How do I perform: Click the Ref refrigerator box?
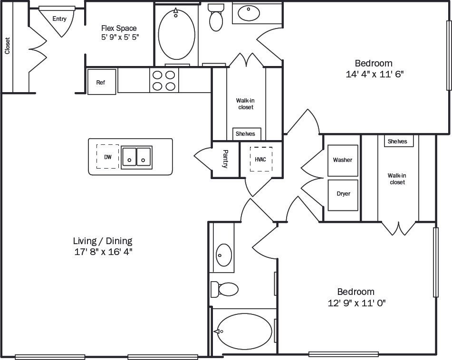pyautogui.click(x=101, y=82)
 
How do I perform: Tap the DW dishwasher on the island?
pyautogui.click(x=108, y=156)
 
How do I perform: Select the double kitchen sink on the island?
pyautogui.click(x=137, y=157)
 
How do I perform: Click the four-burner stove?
pyautogui.click(x=164, y=80)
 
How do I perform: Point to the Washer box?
pyautogui.click(x=343, y=160)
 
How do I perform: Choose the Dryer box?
pyautogui.click(x=343, y=194)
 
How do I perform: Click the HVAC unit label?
pyautogui.click(x=260, y=160)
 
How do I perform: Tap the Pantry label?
pyautogui.click(x=225, y=160)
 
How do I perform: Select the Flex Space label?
pyautogui.click(x=119, y=28)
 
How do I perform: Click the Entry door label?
pyautogui.click(x=59, y=19)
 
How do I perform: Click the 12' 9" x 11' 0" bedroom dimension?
pyautogui.click(x=356, y=303)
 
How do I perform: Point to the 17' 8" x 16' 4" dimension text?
pyautogui.click(x=103, y=252)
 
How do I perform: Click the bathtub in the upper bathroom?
pyautogui.click(x=176, y=35)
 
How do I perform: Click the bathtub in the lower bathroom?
pyautogui.click(x=244, y=331)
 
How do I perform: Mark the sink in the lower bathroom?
pyautogui.click(x=223, y=255)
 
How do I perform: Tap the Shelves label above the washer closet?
pyautogui.click(x=397, y=141)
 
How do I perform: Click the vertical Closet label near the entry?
pyautogui.click(x=7, y=46)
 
